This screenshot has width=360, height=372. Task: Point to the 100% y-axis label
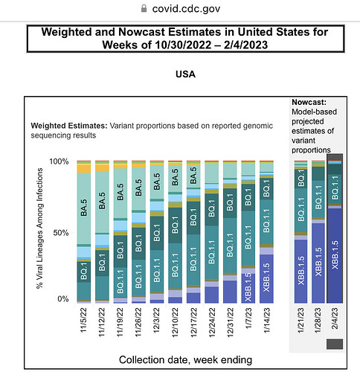pyautogui.click(x=59, y=161)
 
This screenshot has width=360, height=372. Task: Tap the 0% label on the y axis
pyautogui.click(x=63, y=299)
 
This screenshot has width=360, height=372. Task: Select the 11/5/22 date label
pyautogui.click(x=83, y=320)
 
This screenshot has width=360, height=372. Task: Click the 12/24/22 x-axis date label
pyautogui.click(x=211, y=323)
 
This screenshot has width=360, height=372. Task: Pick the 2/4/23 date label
pyautogui.click(x=335, y=318)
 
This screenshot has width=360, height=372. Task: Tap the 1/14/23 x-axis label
pyautogui.click(x=266, y=321)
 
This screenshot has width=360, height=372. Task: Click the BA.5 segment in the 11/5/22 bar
pyautogui.click(x=84, y=208)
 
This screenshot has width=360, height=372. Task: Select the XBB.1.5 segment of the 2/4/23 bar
pyautogui.click(x=335, y=255)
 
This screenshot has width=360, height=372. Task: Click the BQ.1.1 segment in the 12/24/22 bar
pyautogui.click(x=212, y=252)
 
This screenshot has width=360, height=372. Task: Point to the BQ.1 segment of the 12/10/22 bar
pyautogui.click(x=175, y=225)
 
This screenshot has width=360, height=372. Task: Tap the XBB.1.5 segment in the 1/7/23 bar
pyautogui.click(x=248, y=288)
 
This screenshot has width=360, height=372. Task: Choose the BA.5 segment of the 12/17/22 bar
pyautogui.click(x=193, y=176)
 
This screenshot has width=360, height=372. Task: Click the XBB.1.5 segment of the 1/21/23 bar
pyautogui.click(x=300, y=272)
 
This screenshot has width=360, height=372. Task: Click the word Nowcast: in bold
pyautogui.click(x=309, y=102)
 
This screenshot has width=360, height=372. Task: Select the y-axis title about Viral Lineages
pyautogui.click(x=39, y=228)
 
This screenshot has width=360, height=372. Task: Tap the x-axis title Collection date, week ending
pyautogui.click(x=185, y=360)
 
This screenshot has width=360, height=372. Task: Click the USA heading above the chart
pyautogui.click(x=185, y=74)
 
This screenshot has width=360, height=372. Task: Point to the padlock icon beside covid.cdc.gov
pyautogui.click(x=144, y=8)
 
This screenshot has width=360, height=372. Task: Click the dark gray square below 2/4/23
pyautogui.click(x=335, y=344)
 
